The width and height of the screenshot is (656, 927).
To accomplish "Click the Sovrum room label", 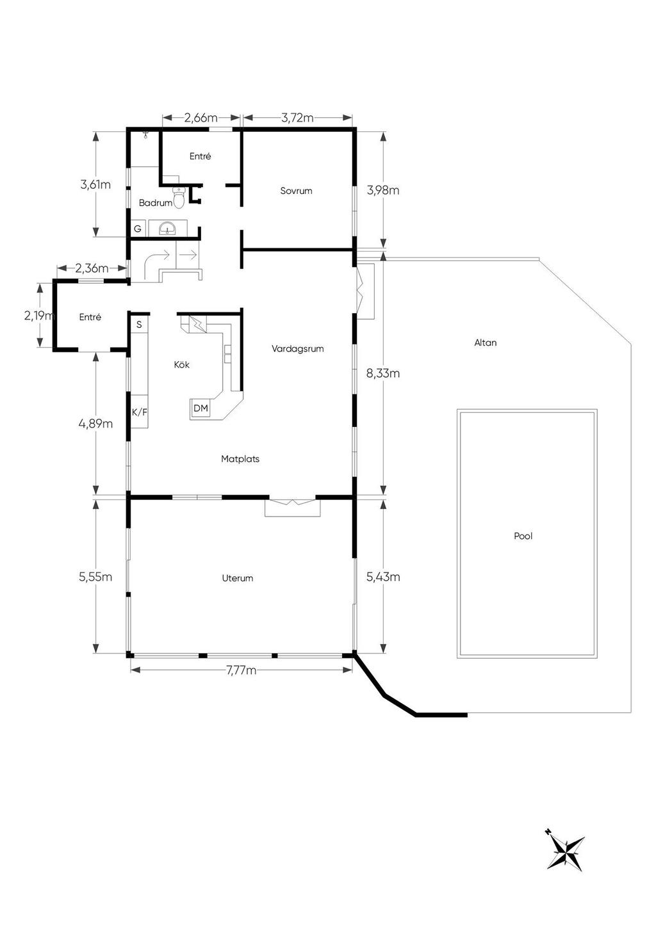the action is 296,191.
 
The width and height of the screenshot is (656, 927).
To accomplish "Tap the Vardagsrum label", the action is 297,348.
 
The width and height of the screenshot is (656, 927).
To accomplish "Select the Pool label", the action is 523,536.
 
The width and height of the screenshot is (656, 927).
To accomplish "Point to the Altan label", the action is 486,343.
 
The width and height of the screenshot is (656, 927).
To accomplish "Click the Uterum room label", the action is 237,578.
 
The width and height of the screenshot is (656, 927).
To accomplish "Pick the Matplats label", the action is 240,459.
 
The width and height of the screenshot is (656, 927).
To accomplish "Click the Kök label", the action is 182,365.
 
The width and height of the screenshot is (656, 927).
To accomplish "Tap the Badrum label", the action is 155,203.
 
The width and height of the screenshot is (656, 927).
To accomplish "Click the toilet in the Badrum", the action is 179,197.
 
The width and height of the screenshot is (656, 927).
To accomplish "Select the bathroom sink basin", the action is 167,228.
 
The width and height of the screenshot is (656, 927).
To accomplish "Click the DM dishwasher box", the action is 201,408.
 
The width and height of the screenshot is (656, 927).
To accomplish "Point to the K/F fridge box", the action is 140,412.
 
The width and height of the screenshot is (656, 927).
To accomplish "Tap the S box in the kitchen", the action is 139,325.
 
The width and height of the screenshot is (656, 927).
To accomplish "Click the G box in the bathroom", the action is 138,229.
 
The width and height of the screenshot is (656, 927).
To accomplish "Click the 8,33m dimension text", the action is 383,373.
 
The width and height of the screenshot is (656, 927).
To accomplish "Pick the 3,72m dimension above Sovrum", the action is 297,118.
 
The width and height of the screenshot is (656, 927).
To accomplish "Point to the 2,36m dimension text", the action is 92,268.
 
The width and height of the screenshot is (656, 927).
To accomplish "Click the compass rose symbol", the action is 566,850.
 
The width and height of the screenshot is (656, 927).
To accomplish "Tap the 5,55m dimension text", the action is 95,576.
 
